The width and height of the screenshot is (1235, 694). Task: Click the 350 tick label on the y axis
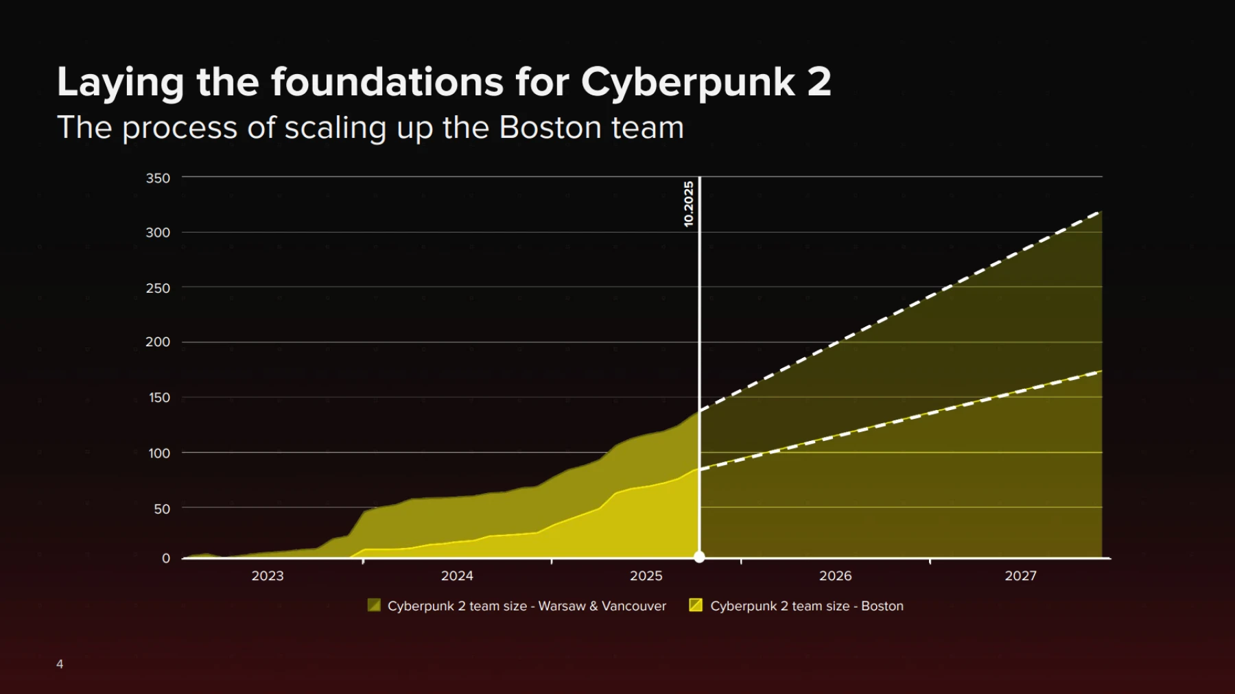tap(158, 178)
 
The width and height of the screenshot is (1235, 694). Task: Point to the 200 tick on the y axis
tap(158, 342)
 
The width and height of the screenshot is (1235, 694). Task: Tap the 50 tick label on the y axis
tap(162, 509)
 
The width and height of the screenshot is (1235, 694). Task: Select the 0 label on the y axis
tap(166, 558)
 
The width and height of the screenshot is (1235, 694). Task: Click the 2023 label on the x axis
tap(268, 576)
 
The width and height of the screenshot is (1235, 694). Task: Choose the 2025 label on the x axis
tap(646, 576)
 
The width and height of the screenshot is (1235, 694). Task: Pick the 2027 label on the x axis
tap(1021, 576)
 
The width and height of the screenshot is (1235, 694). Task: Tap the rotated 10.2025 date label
tap(689, 204)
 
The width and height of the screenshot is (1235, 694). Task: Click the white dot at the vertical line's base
tap(699, 557)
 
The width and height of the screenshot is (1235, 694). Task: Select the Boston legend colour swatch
tap(696, 605)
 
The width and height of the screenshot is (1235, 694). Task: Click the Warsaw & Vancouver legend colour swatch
tap(374, 605)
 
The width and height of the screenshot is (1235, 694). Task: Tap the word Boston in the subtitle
tap(546, 128)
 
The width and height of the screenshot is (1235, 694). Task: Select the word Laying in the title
tap(121, 83)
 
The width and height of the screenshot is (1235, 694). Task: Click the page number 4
tap(60, 664)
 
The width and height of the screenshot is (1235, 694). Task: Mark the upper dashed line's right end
tap(1101, 212)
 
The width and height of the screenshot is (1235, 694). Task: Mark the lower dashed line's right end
tap(1101, 372)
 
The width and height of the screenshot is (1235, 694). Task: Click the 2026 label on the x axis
tap(836, 576)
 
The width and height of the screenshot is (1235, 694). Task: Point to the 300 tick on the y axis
tap(158, 232)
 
